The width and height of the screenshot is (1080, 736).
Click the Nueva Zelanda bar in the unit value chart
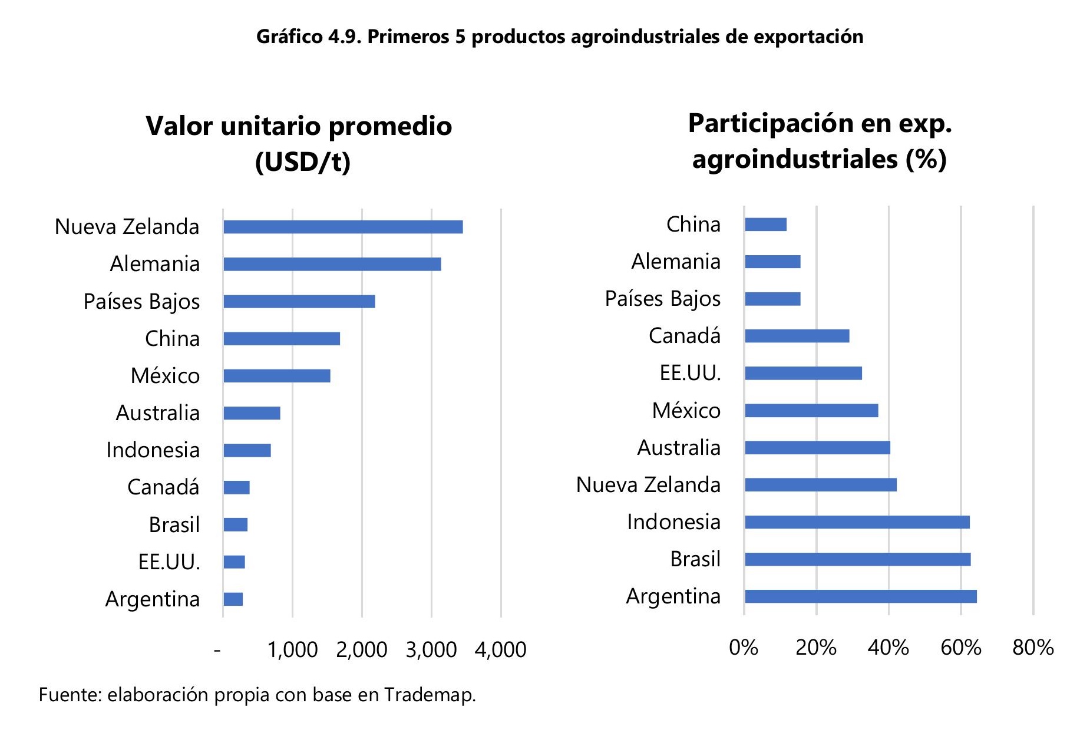pos(343,227)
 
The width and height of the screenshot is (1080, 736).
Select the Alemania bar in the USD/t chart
pos(332,264)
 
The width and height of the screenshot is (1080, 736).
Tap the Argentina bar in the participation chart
pos(860,596)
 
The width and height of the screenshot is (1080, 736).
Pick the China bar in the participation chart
pos(765,225)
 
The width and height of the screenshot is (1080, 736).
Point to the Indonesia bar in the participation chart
pos(857,522)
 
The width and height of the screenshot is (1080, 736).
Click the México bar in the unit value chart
pos(277,376)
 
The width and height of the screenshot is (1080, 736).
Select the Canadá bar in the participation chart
pos(797,336)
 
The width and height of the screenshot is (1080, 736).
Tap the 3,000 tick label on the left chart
pos(431,649)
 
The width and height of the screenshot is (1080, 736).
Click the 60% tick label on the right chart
pos(960,648)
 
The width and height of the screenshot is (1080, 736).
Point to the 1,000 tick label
pos(292,649)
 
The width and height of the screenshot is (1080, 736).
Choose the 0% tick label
pos(743,648)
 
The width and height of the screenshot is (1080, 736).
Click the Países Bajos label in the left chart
pos(141,301)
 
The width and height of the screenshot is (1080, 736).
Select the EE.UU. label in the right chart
pos(690,373)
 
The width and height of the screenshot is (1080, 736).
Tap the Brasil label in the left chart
pos(174,524)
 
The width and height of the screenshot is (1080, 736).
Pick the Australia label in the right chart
pos(679,448)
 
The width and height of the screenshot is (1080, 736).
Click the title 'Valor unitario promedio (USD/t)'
pos(299,143)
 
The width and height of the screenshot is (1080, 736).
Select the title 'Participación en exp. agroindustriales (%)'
pos(820,141)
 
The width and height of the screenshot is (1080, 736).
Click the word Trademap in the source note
pos(430,695)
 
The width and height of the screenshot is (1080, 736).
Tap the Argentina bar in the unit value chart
pos(233,599)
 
